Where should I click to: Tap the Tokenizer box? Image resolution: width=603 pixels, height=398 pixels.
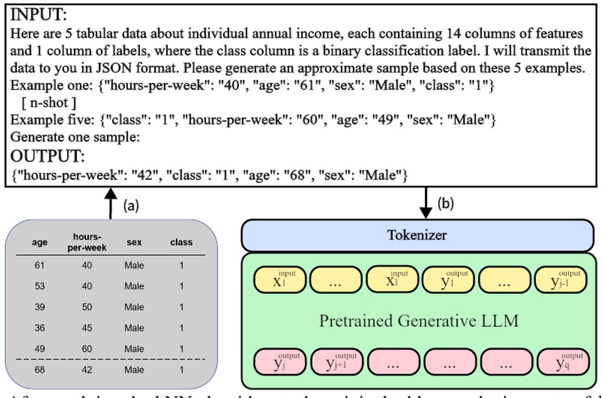click(417, 235)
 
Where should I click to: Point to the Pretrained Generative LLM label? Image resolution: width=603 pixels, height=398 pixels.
click(418, 321)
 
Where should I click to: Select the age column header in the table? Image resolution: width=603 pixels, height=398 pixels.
click(40, 243)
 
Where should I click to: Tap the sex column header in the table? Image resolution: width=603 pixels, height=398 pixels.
click(134, 243)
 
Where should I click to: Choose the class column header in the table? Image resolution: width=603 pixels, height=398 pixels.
click(181, 243)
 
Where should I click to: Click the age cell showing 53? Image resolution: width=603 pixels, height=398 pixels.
click(40, 286)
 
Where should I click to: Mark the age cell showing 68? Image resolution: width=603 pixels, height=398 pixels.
click(40, 370)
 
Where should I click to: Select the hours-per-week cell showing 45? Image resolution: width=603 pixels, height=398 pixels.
click(87, 328)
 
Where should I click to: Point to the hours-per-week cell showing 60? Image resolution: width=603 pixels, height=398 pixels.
click(87, 349)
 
